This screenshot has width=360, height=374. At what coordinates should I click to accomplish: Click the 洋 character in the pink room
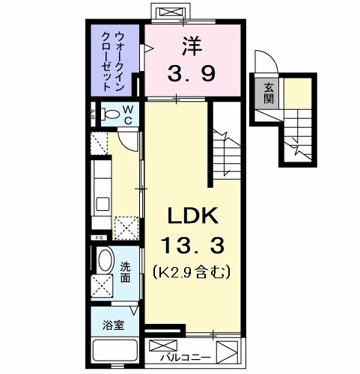189,46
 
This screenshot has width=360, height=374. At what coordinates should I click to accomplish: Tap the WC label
128,114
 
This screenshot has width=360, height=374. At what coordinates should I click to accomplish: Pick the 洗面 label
126,272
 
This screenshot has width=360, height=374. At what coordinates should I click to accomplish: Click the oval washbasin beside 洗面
105,260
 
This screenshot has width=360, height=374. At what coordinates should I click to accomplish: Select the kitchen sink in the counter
103,202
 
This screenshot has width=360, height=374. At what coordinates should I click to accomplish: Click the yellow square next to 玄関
295,93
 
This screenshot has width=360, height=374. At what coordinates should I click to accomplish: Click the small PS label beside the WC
94,114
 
